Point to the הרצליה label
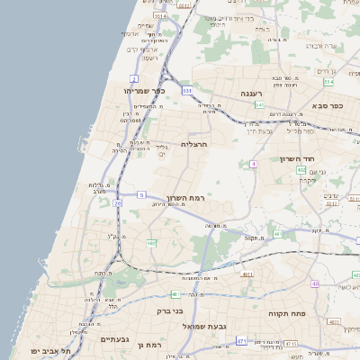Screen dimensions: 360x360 click(x=194, y=144)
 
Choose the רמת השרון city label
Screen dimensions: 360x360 click(x=186, y=198)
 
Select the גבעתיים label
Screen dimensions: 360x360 click(x=116, y=339)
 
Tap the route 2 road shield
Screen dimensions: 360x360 click(x=134, y=104)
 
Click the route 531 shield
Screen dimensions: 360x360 click(x=187, y=91)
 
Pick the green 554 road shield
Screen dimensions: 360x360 click(x=328, y=82)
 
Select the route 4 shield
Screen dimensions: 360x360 click(x=254, y=164)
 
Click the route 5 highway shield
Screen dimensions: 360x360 click(x=141, y=194)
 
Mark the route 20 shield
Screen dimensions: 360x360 click(x=117, y=203)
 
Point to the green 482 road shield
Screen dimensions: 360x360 click(x=150, y=243)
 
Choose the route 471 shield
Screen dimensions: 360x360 click(x=241, y=341)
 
